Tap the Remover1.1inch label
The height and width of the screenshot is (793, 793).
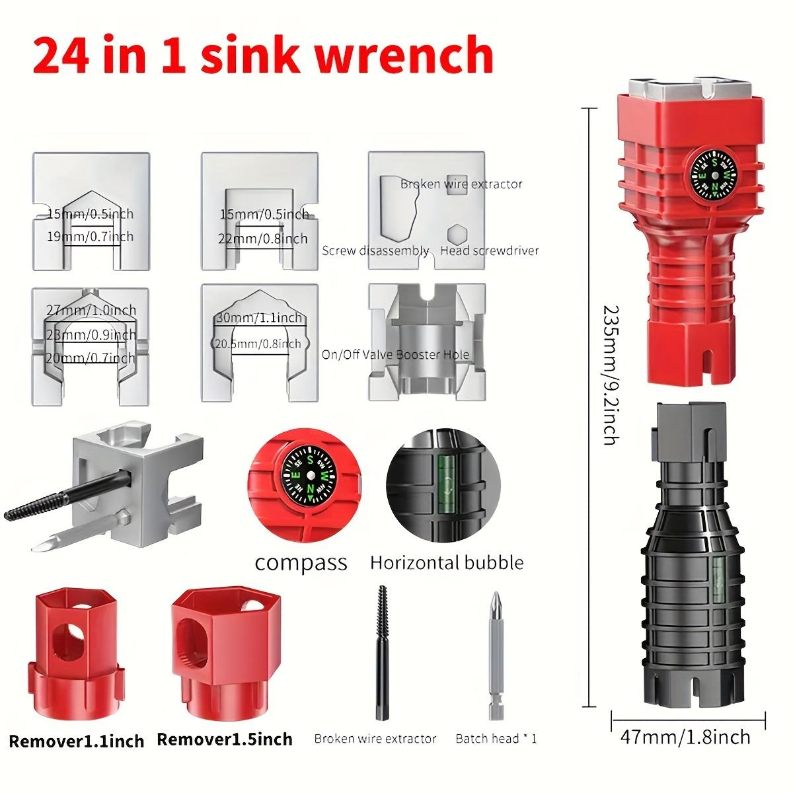tap(77, 741)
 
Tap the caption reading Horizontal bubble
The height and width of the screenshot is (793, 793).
tap(447, 563)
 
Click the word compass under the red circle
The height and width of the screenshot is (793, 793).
tap(301, 563)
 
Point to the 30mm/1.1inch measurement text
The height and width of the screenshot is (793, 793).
tap(259, 318)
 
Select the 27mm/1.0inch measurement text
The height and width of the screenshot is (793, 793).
tap(91, 310)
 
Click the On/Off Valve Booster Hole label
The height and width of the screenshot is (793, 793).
tap(395, 355)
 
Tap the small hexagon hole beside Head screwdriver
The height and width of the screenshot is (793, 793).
tap(456, 235)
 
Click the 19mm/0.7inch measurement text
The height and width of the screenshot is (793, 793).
tap(91, 236)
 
